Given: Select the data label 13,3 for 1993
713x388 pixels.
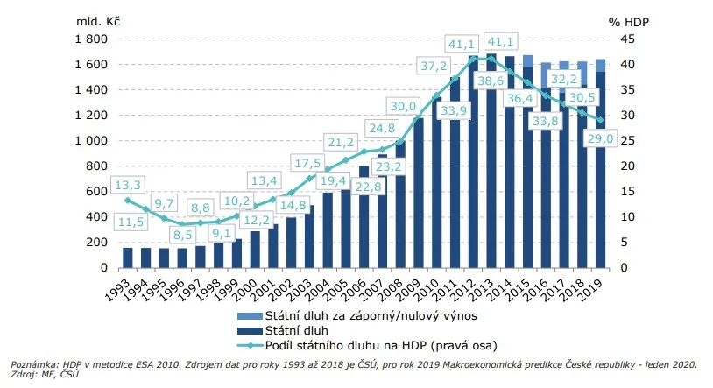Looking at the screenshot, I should point(127,184).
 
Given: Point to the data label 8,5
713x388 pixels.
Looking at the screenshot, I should point(182,235).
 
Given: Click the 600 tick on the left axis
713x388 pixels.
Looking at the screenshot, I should point(95,192).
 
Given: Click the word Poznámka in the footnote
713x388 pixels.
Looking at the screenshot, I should point(32,363).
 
